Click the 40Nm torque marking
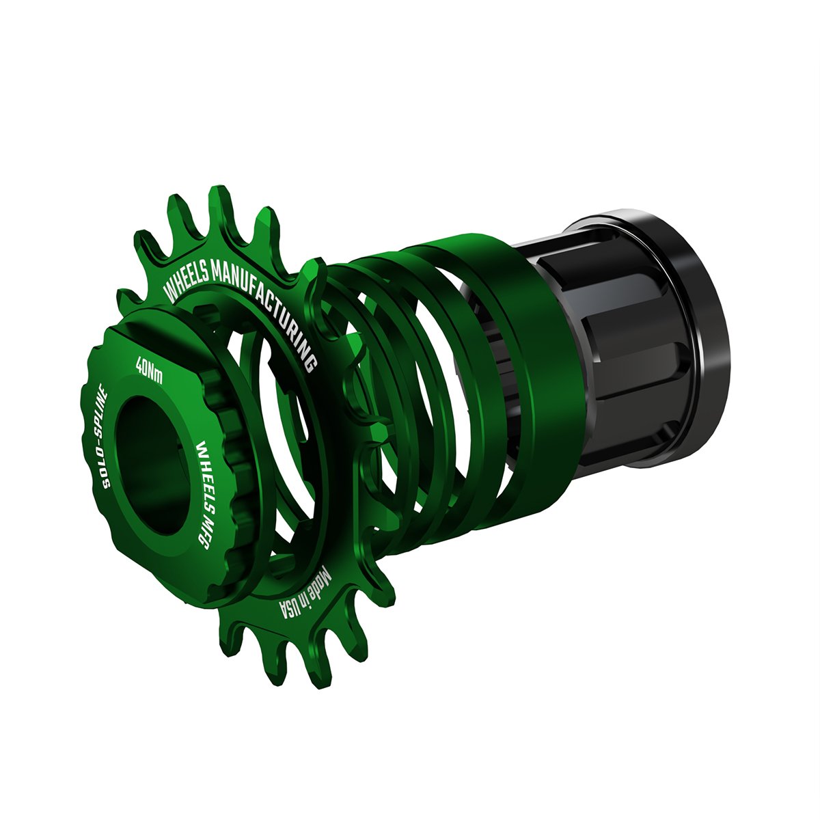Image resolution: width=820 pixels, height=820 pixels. click(149, 370)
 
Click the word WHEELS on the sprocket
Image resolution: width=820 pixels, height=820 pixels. click(187, 286)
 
